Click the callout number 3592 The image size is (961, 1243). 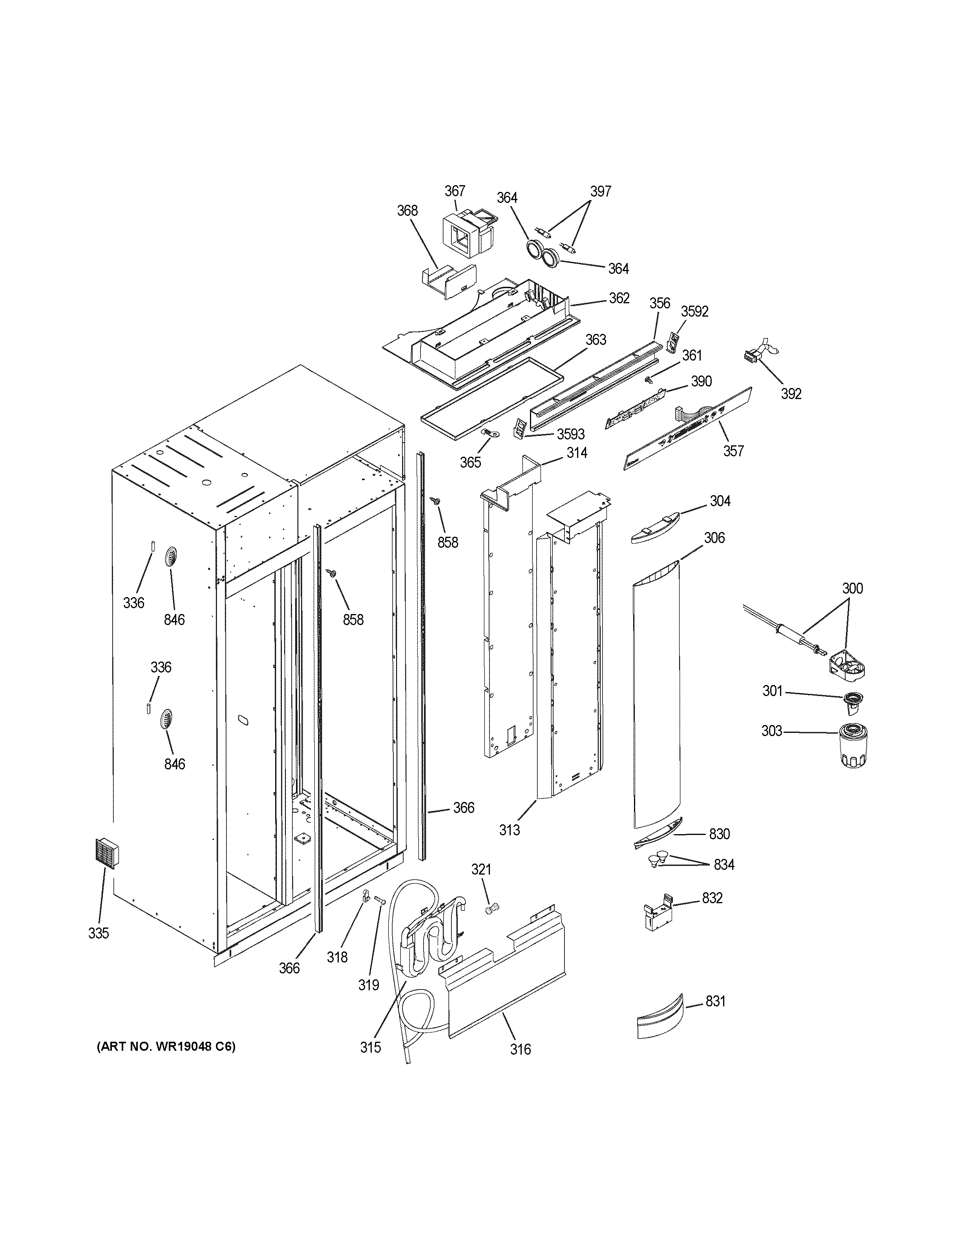click(x=694, y=311)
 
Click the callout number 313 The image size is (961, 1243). click(x=509, y=830)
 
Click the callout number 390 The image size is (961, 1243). click(x=701, y=381)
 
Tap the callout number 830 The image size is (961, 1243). click(x=719, y=834)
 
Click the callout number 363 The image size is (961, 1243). click(x=596, y=340)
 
